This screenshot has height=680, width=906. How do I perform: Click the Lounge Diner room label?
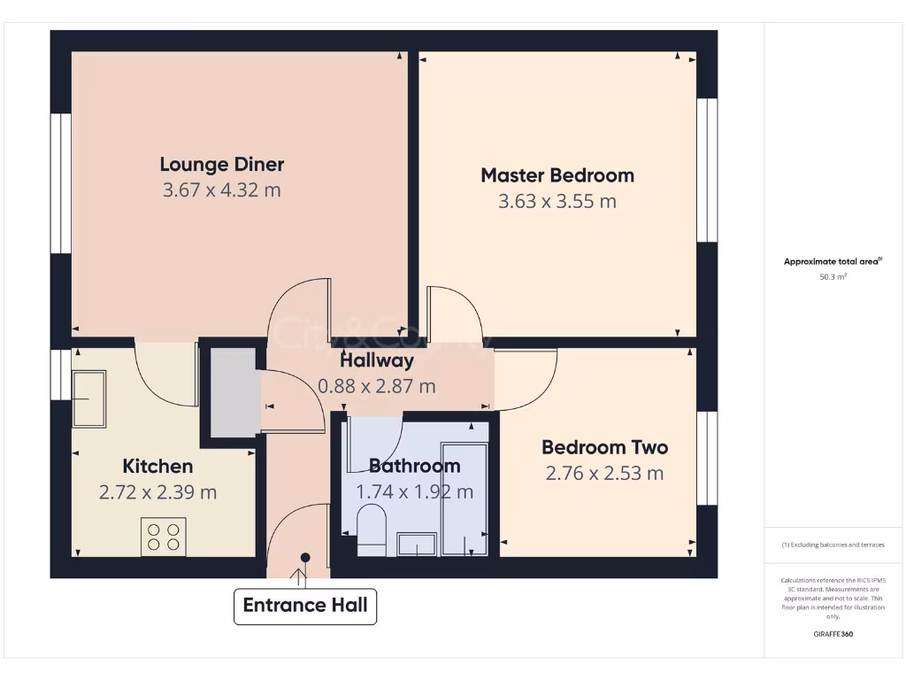tap(221, 164)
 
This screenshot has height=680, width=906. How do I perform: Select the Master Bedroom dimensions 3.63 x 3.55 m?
tap(557, 201)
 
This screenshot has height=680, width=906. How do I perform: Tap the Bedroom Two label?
tap(604, 447)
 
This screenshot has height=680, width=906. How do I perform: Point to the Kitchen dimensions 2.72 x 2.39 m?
tap(157, 492)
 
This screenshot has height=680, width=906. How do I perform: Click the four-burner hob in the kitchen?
tap(164, 536)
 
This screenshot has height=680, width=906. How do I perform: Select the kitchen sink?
tap(88, 398)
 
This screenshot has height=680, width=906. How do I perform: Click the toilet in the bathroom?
tap(371, 529)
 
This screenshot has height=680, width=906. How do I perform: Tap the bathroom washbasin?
tap(416, 544)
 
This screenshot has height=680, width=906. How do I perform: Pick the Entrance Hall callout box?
tap(305, 607)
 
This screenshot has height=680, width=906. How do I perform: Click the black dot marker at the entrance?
tap(305, 557)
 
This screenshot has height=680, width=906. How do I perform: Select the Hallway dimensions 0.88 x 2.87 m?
tap(376, 386)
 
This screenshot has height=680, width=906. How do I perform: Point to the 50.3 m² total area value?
tap(833, 277)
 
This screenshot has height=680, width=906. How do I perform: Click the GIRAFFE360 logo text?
tap(833, 634)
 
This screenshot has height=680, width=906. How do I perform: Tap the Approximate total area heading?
tap(833, 261)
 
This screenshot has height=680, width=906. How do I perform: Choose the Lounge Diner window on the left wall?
tap(60, 183)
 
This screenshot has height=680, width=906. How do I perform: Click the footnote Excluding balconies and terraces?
tap(833, 545)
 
